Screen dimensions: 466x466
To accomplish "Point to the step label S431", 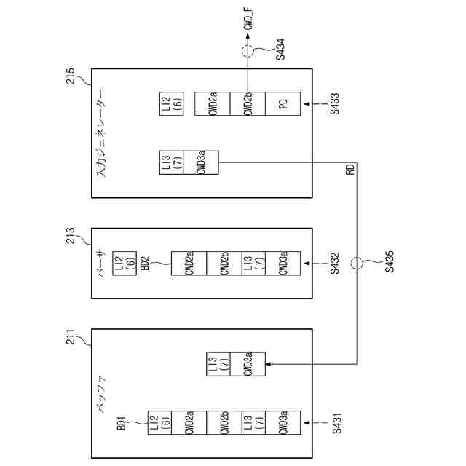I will [336, 422].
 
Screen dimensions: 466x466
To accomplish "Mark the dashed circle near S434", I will [248, 51].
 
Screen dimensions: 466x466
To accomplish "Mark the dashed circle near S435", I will [357, 263].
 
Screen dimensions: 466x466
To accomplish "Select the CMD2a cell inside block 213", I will [189, 263].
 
